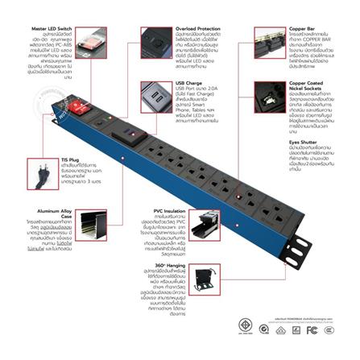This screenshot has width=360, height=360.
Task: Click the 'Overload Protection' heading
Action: click(197, 29)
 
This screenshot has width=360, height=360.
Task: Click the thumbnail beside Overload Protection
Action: click(155, 42)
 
